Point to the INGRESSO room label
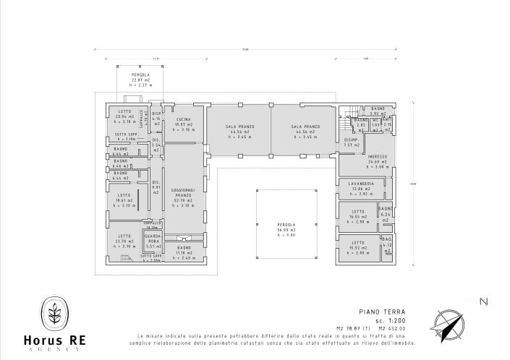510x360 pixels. (x=378, y=157)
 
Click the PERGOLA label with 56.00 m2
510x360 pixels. (x=287, y=225)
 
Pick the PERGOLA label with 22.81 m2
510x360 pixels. (x=140, y=74)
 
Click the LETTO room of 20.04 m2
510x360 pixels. (x=124, y=111)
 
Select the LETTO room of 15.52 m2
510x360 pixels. (x=357, y=242)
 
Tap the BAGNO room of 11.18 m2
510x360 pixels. (x=184, y=248)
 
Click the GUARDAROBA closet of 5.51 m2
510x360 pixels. (x=153, y=239)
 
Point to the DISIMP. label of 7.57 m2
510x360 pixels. (x=352, y=141)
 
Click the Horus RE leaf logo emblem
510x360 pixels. (x=55, y=313)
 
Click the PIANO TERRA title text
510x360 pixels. (x=377, y=312)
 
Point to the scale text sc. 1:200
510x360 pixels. (x=391, y=320)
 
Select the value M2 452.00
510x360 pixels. (x=394, y=328)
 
